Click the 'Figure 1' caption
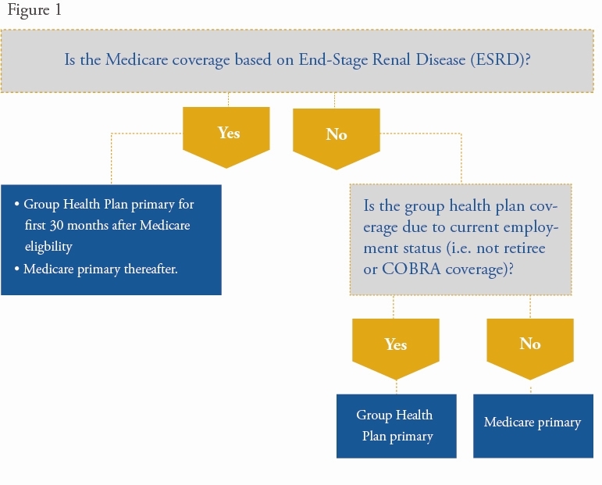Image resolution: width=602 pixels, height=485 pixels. (x=34, y=9)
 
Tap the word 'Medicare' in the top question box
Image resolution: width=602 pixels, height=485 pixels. (x=137, y=59)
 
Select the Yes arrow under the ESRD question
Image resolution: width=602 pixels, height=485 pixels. (x=226, y=137)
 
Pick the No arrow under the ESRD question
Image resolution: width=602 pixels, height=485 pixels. (x=337, y=138)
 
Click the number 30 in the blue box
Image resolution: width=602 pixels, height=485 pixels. (x=56, y=225)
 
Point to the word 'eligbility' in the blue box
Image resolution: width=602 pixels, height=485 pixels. (x=48, y=246)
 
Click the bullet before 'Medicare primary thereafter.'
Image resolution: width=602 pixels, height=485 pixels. (x=16, y=269)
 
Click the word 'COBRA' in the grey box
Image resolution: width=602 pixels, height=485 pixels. (x=411, y=269)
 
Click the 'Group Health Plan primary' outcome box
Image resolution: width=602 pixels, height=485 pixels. (x=397, y=426)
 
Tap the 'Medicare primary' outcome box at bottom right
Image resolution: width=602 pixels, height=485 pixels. (x=533, y=426)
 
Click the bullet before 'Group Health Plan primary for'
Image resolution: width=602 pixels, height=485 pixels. (x=16, y=204)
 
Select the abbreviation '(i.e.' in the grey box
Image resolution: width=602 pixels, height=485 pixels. (x=459, y=248)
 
